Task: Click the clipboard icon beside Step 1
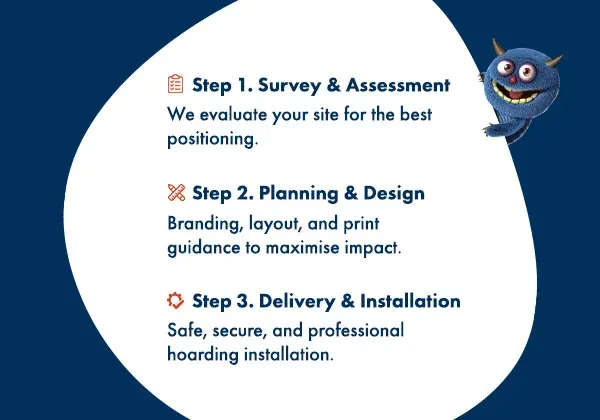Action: tap(175, 84)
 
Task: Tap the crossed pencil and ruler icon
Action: tap(176, 192)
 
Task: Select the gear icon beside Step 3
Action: tap(175, 300)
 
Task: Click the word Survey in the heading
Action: tap(289, 85)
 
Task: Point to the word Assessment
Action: tap(398, 85)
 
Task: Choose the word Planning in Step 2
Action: tap(298, 194)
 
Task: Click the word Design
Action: tap(394, 194)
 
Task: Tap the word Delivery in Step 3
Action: tap(297, 301)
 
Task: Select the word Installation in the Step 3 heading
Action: tap(410, 301)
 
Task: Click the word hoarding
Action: tap(203, 355)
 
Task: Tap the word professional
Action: tap(356, 331)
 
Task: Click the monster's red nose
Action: tap(513, 80)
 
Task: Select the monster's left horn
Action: tap(497, 48)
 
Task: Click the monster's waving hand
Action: tap(494, 129)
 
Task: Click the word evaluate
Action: tap(233, 115)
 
